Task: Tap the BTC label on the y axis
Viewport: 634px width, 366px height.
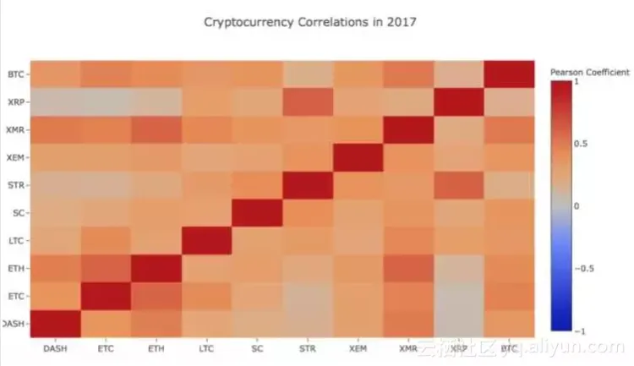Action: click(14, 74)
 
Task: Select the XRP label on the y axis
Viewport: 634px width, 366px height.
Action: click(14, 102)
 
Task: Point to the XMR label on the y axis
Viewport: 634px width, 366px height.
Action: click(14, 130)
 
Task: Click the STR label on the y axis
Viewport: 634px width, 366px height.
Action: click(14, 185)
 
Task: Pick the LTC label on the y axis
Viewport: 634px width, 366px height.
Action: click(14, 241)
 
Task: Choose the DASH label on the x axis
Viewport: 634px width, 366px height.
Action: click(55, 347)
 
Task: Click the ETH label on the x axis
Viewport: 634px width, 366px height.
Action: click(156, 347)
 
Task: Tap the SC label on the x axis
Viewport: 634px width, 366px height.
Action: click(256, 347)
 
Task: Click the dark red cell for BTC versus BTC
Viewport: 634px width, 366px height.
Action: click(508, 74)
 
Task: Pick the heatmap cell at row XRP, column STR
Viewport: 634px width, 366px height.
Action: click(307, 102)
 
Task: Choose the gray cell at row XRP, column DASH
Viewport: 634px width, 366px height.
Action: click(56, 102)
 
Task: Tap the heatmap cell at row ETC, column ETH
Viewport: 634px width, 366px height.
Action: click(156, 296)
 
